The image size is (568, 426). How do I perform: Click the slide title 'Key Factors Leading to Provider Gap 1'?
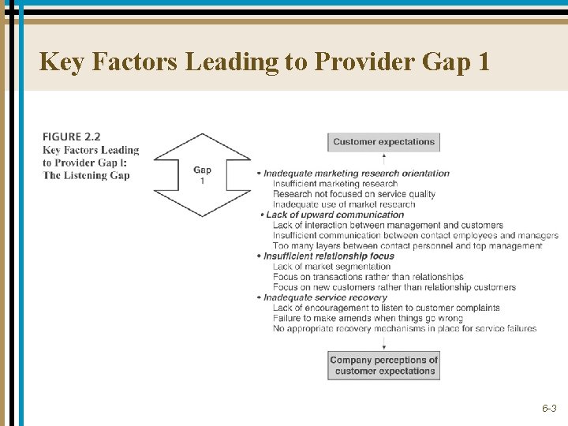[264, 61]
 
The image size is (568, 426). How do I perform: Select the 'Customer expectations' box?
[383, 142]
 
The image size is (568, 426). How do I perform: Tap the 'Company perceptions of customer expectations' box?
[383, 365]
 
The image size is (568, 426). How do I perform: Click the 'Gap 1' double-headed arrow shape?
[203, 175]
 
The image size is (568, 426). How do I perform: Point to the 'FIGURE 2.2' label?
[73, 136]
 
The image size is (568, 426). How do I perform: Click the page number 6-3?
[549, 409]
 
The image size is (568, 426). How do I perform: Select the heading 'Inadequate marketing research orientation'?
[356, 174]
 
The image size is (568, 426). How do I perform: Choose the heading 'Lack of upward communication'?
[334, 215]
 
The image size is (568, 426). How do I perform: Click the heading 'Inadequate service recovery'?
[325, 297]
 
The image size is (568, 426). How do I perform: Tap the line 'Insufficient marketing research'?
[335, 184]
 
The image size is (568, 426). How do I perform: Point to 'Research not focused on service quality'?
[354, 194]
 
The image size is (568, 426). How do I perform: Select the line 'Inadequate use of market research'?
[344, 204]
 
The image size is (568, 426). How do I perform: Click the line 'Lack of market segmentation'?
[331, 267]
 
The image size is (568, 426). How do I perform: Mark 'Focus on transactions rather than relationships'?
[368, 277]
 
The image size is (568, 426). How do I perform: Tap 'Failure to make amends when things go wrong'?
[368, 318]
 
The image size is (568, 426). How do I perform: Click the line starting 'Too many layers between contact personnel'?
[408, 245]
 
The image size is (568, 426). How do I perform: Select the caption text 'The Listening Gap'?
[86, 175]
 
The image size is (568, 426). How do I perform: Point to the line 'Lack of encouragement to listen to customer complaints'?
[387, 308]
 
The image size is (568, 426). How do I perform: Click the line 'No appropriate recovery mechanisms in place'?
[405, 328]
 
